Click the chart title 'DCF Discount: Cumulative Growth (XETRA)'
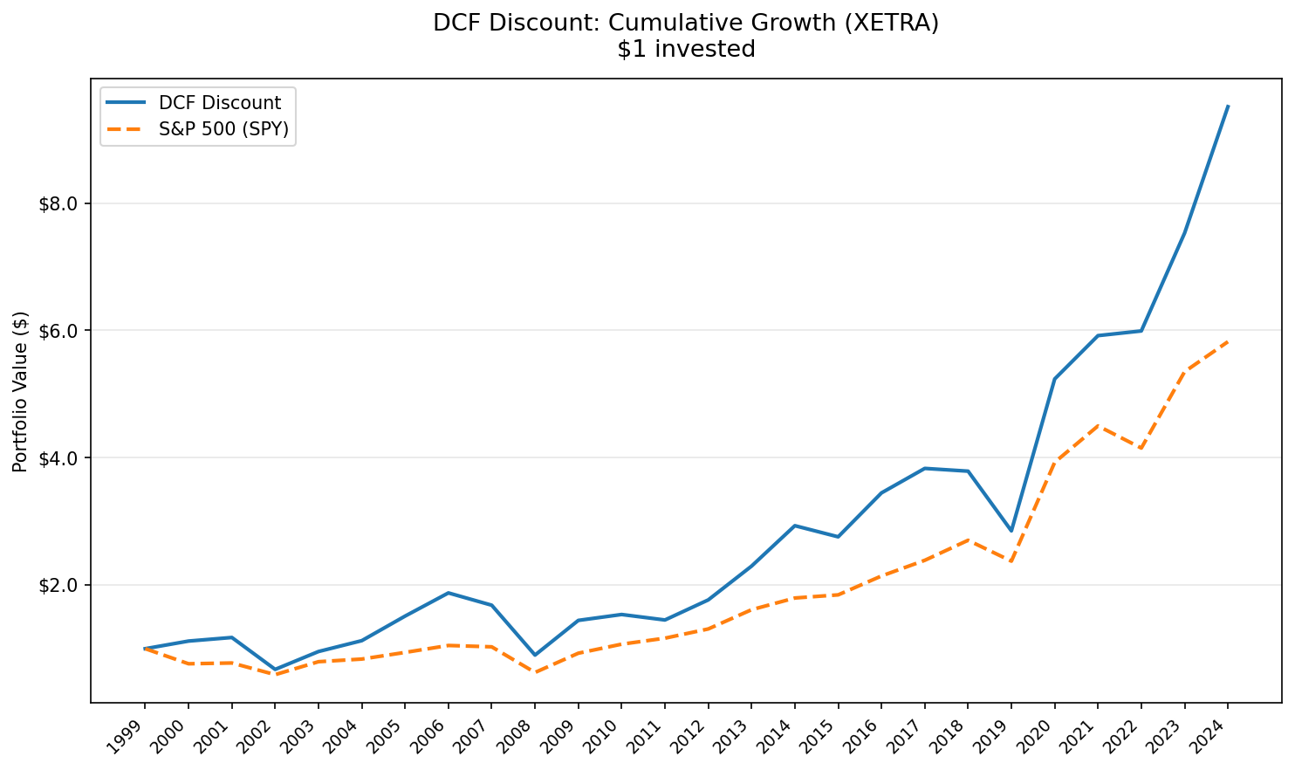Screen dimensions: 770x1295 point(686,24)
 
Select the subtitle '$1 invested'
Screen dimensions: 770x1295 point(686,50)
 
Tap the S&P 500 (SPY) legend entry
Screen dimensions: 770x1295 point(223,130)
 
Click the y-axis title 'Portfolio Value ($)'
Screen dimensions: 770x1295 point(21,391)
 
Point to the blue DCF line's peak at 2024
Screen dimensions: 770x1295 point(1228,107)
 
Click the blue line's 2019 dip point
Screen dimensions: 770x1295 point(1011,531)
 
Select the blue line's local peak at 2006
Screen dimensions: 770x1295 point(448,593)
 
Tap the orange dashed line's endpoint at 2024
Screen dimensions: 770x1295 point(1228,341)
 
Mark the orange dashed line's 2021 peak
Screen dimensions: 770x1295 point(1098,426)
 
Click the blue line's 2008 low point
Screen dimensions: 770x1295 point(535,655)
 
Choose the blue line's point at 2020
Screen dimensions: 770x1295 point(1055,379)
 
